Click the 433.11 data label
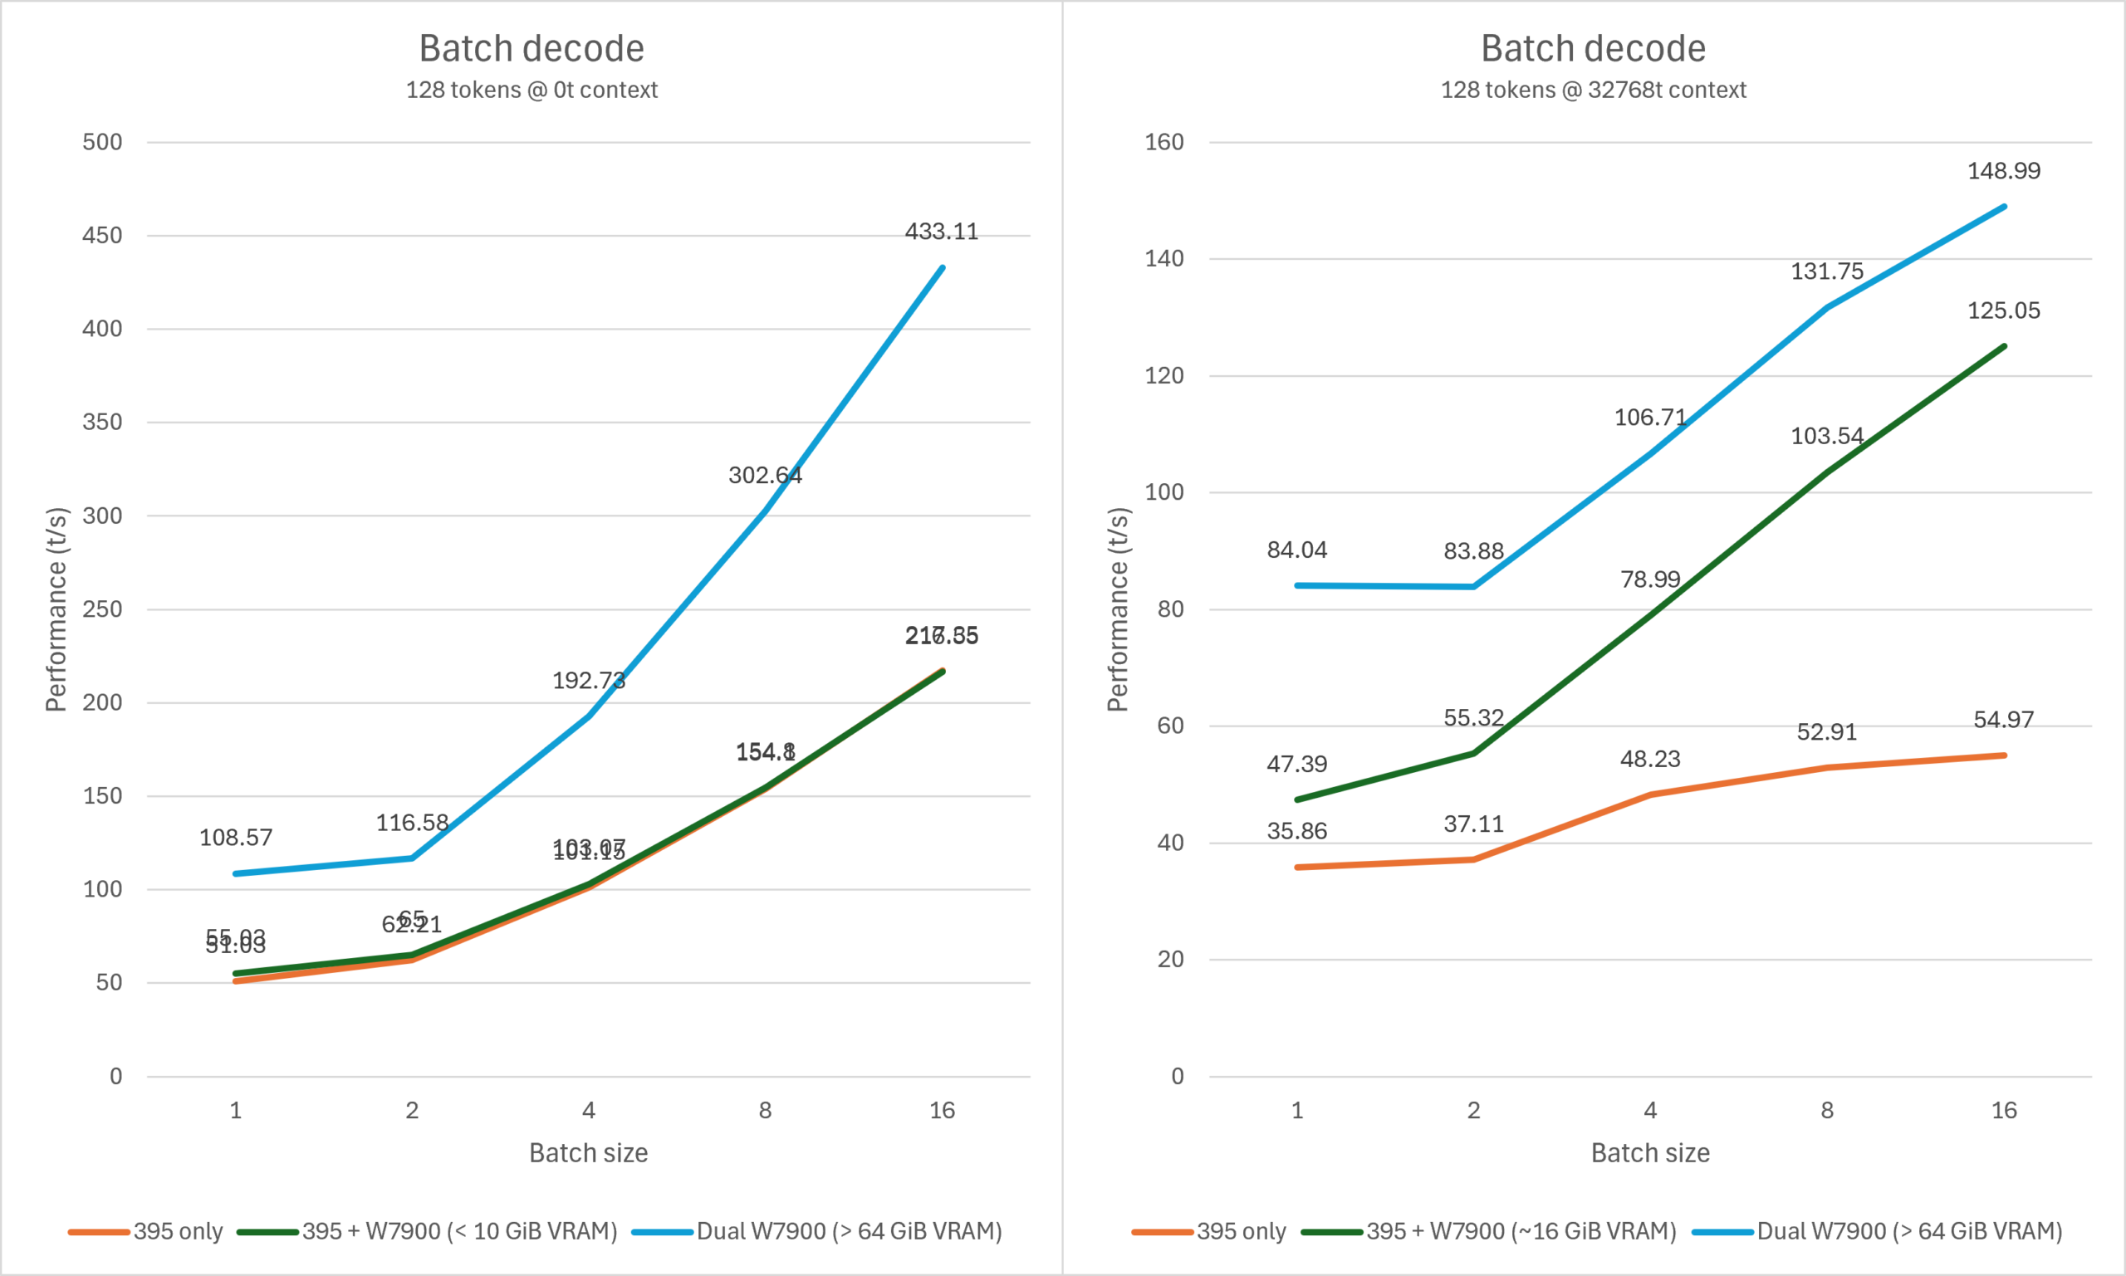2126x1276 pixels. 942,232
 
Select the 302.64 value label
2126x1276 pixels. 765,476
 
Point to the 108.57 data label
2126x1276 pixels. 236,838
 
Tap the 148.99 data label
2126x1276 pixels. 2004,170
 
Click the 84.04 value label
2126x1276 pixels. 1297,550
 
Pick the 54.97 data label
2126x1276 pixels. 2004,719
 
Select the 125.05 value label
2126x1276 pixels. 2004,310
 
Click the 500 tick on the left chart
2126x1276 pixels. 102,142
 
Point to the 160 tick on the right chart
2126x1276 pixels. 1164,142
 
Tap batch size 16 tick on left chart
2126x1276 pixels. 942,1110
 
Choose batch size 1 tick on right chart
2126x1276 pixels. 1297,1110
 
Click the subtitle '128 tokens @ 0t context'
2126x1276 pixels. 531,90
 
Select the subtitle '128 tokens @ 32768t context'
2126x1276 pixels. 1594,90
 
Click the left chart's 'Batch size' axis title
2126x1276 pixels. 588,1152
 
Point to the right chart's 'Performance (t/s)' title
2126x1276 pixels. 1117,609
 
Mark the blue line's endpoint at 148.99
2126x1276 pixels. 2004,208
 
